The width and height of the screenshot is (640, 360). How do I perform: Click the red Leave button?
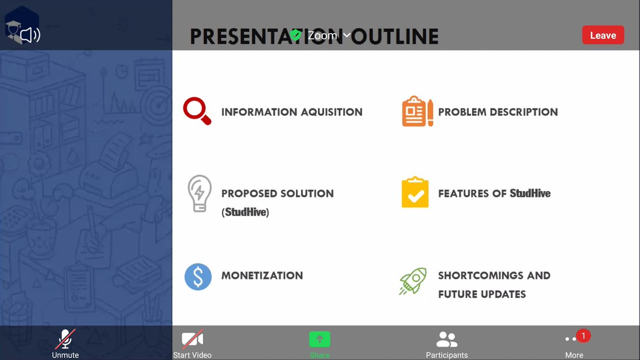603,35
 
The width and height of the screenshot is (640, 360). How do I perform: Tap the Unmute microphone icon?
65,339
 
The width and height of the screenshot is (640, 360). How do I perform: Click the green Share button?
319,339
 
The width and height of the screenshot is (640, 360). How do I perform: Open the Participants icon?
446,339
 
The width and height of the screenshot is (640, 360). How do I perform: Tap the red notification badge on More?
583,335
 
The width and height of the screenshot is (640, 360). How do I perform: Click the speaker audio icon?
30,36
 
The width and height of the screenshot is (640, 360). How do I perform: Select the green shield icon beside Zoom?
295,36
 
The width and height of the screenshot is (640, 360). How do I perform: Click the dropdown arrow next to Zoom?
347,36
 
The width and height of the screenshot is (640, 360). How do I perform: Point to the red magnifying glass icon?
197,111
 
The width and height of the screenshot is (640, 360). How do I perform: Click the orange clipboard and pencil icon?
417,111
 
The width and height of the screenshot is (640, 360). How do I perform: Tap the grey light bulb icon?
199,194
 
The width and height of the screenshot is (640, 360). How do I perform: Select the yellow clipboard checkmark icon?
415,193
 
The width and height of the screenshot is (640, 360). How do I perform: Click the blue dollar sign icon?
198,277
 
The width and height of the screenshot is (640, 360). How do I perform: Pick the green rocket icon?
413,281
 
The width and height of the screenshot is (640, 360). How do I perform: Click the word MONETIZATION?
262,276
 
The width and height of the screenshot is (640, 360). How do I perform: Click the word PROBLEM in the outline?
461,112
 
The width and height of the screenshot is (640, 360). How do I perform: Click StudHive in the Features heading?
530,193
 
